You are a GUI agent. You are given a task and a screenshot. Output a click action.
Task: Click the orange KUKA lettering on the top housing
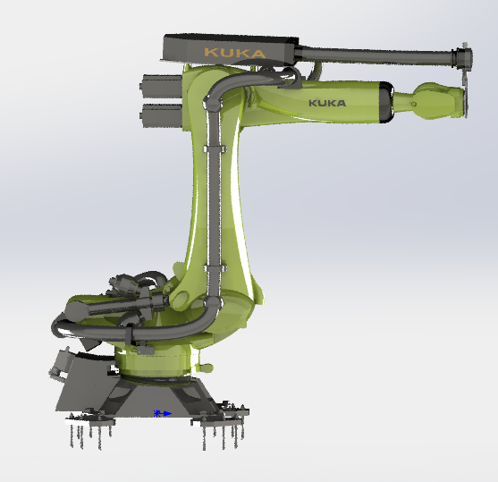(234, 53)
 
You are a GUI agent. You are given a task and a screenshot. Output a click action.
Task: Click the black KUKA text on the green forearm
(327, 103)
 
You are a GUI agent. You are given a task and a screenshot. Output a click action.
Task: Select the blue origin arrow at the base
(162, 413)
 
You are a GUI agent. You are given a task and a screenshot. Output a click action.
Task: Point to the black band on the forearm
(385, 100)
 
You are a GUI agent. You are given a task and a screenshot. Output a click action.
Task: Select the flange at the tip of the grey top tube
(462, 60)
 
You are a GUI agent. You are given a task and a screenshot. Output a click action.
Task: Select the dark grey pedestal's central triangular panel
(152, 393)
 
